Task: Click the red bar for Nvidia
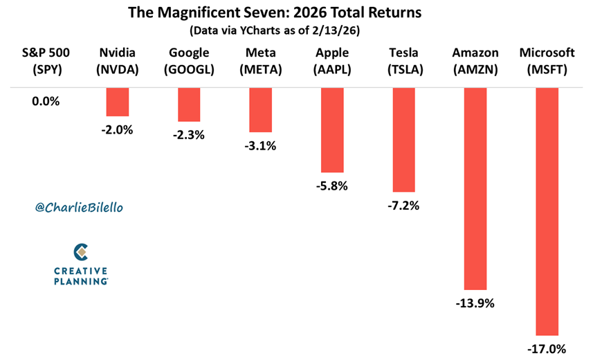(x=117, y=102)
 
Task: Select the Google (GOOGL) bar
(x=189, y=105)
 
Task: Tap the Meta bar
(x=260, y=109)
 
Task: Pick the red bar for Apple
(x=331, y=129)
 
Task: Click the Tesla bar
(x=403, y=139)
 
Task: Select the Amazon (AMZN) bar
(x=475, y=188)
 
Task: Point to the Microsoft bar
(x=547, y=211)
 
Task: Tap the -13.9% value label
(x=475, y=303)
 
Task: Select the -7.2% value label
(x=403, y=205)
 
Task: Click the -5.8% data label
(x=331, y=186)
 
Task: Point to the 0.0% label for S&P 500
(x=46, y=101)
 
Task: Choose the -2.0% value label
(x=117, y=129)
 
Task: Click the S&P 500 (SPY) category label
(x=46, y=60)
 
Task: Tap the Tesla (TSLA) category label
(x=403, y=60)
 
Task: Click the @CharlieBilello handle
(x=77, y=207)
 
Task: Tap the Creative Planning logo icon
(x=80, y=250)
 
